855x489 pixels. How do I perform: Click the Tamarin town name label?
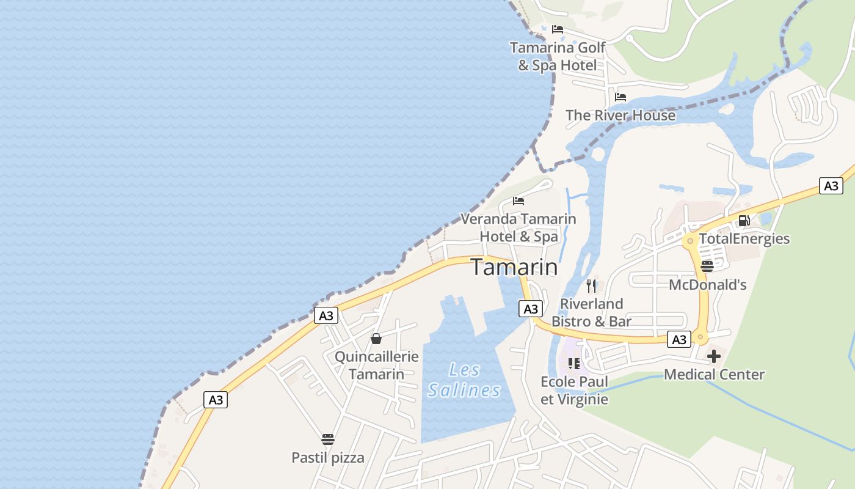pyautogui.click(x=514, y=268)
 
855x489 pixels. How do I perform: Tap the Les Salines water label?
pyautogui.click(x=464, y=380)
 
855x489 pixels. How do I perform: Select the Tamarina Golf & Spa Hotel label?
pyautogui.click(x=558, y=56)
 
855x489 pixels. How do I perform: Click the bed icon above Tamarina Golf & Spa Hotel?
pyautogui.click(x=558, y=29)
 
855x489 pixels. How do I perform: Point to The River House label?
pyautogui.click(x=620, y=115)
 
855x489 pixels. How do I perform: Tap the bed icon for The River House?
pyautogui.click(x=620, y=97)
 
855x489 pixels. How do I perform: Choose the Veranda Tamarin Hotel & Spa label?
pyautogui.click(x=518, y=227)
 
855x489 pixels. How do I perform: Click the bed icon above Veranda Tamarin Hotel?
pyautogui.click(x=518, y=200)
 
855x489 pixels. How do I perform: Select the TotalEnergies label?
pyautogui.click(x=744, y=238)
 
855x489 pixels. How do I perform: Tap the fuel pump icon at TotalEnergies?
pyautogui.click(x=744, y=221)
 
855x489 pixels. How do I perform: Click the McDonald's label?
pyautogui.click(x=707, y=284)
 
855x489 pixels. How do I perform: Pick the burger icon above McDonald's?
pyautogui.click(x=707, y=266)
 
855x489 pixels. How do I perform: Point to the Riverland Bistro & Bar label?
pyautogui.click(x=591, y=312)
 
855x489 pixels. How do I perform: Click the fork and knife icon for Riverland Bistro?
pyautogui.click(x=591, y=285)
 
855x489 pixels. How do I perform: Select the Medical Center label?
pyautogui.click(x=714, y=374)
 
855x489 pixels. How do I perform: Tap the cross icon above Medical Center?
pyautogui.click(x=714, y=356)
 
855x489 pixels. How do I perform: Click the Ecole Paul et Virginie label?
pyautogui.click(x=574, y=391)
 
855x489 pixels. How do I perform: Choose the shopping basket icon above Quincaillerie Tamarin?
pyautogui.click(x=376, y=339)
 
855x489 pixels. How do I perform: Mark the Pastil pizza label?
pyautogui.click(x=328, y=457)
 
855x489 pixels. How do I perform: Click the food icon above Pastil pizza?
pyautogui.click(x=328, y=439)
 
